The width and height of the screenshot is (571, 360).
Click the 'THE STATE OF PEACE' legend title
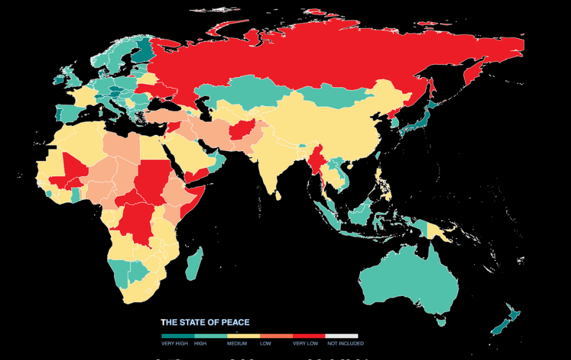coord(205,322)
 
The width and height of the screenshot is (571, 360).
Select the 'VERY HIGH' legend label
coord(174,344)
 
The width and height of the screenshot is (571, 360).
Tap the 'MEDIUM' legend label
coord(237,344)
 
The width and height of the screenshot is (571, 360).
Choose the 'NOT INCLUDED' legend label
coord(344,344)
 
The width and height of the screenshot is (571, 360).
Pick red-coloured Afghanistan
coord(240,131)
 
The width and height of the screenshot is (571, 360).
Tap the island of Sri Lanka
coord(279,196)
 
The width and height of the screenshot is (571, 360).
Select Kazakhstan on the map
coord(245,94)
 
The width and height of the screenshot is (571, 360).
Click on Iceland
coord(60,80)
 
